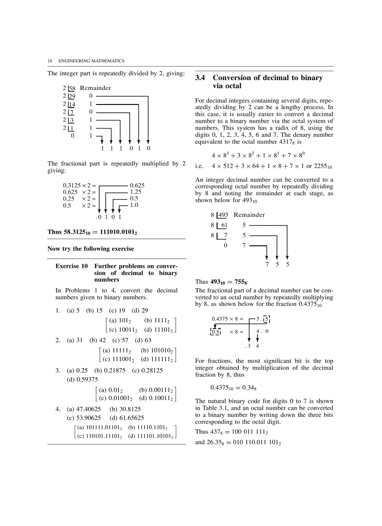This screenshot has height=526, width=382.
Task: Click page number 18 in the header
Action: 49,61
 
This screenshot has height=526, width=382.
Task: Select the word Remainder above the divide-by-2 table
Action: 95,88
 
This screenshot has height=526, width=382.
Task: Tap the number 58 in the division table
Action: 72,88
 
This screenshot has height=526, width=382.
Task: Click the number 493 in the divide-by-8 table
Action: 223,215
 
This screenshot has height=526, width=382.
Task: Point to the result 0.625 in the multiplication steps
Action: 137,185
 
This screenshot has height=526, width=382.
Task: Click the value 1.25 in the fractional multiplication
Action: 135,192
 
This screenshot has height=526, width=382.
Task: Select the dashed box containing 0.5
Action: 215,332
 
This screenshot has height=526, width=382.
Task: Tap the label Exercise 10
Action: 72,266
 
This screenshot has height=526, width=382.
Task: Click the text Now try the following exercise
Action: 90,249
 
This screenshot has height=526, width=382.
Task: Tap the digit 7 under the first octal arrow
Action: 267,264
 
